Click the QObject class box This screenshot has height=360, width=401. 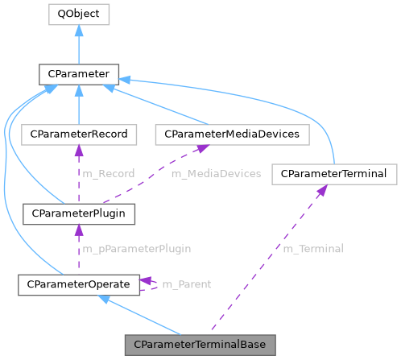(x=78, y=14)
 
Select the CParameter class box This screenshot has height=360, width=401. (x=78, y=76)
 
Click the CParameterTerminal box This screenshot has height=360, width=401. (x=334, y=173)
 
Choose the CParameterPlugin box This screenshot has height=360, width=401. (x=78, y=213)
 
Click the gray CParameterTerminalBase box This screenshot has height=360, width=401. (x=200, y=345)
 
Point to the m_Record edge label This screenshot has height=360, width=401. (x=107, y=173)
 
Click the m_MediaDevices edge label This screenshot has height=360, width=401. (x=215, y=173)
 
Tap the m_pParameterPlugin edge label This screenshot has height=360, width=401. (x=137, y=249)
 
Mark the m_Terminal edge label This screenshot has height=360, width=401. (x=312, y=249)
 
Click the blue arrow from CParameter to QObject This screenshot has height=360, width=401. (x=78, y=45)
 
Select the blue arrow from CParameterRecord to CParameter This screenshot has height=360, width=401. (x=78, y=105)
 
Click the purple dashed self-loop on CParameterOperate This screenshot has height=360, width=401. (x=151, y=283)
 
